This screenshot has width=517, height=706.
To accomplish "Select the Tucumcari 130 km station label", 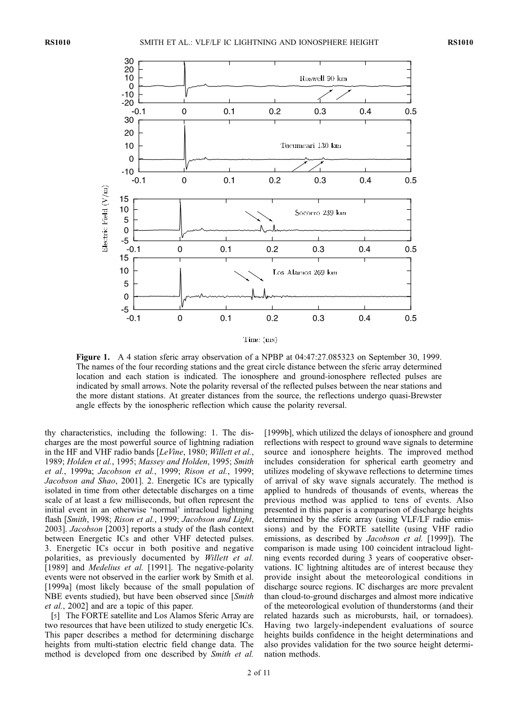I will tap(311, 146).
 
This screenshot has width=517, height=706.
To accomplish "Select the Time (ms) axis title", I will tap(260, 339).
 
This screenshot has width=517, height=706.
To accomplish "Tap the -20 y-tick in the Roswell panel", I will tap(129, 103).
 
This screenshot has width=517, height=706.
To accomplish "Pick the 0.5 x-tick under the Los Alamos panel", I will tap(410, 318).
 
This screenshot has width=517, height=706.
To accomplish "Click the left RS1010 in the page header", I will tap(56, 42).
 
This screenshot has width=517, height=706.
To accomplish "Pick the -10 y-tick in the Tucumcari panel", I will tap(129, 172).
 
